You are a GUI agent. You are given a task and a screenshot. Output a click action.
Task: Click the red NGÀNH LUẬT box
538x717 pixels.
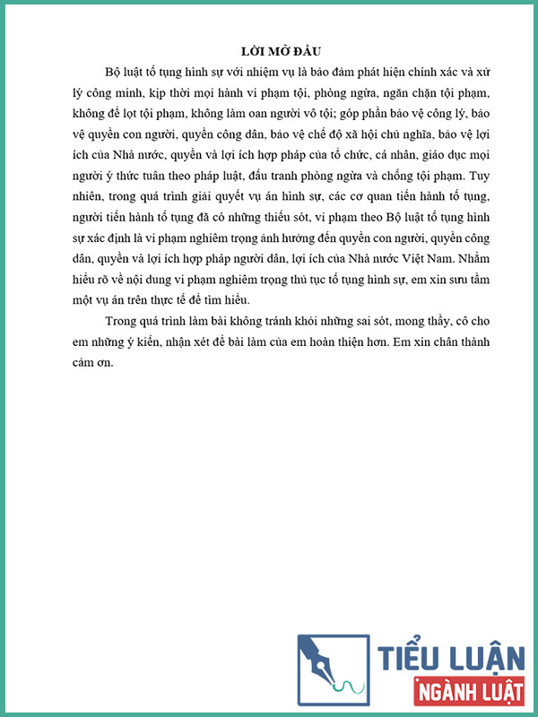tap(467, 692)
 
